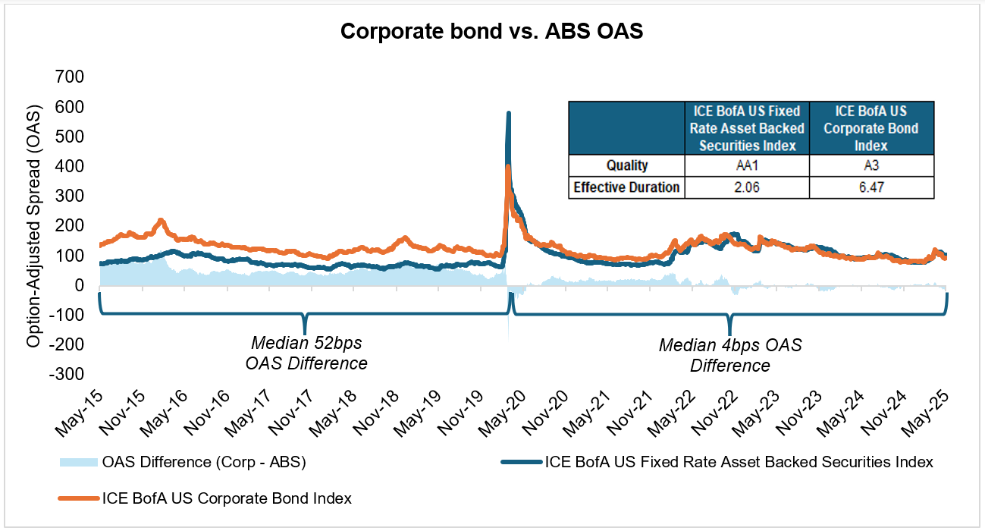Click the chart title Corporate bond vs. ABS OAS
(492, 31)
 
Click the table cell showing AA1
(746, 165)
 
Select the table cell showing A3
(871, 165)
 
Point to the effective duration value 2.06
(746, 187)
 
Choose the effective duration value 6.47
(871, 187)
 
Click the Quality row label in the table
(626, 165)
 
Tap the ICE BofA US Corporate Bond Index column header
(871, 128)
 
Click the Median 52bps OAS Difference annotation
(306, 353)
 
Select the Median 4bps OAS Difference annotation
(729, 356)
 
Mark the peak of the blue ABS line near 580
(508, 113)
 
